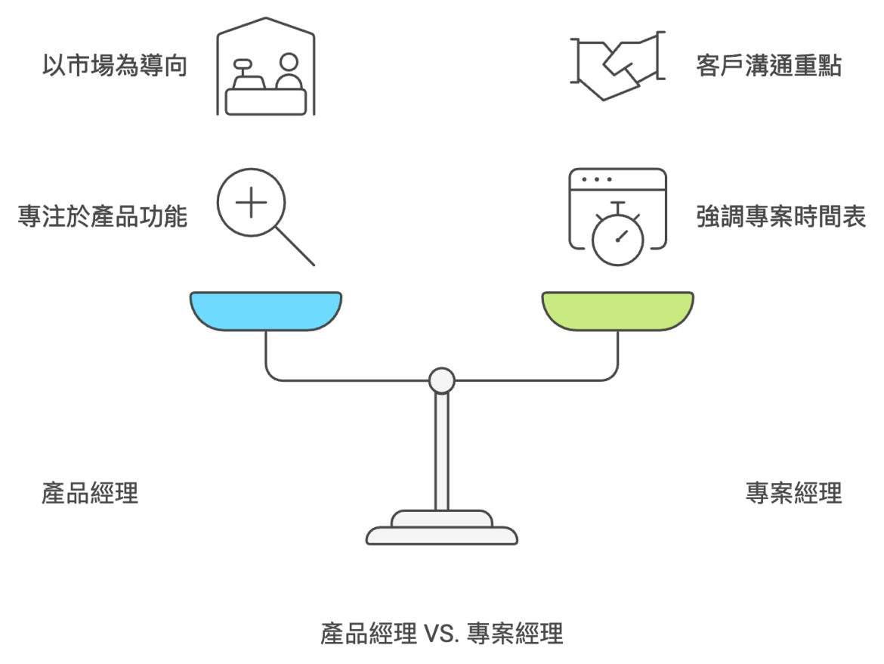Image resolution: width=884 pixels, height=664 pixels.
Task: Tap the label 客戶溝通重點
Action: point(768,67)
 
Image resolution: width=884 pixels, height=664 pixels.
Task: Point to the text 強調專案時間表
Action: point(780,218)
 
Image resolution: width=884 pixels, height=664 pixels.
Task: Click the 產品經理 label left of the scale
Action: point(90,494)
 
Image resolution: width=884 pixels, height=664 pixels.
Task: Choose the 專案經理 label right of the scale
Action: point(793,494)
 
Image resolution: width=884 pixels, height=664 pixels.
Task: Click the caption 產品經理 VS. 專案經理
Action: point(442,632)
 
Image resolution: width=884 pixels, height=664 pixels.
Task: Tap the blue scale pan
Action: point(265,311)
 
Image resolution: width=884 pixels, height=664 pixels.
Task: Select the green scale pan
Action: point(617,311)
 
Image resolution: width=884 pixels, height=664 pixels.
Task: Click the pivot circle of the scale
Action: point(441,380)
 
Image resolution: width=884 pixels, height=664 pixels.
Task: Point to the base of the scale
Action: point(442,529)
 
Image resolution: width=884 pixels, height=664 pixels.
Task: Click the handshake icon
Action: point(617,66)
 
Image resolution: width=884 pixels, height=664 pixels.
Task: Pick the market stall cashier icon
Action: point(265,73)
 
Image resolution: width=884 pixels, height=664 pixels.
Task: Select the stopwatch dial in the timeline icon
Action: point(617,241)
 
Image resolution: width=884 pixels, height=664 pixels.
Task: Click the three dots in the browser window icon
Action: point(596,179)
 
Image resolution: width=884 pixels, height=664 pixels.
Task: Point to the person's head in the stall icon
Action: point(287,62)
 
